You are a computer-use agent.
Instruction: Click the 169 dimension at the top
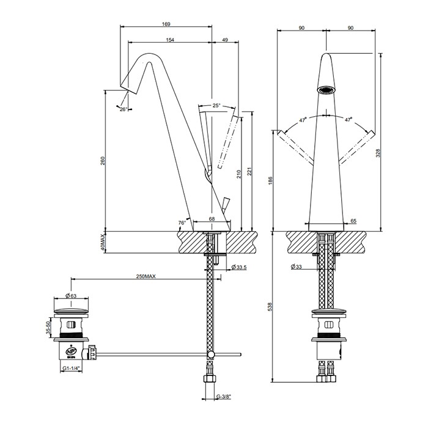[x=166, y=24]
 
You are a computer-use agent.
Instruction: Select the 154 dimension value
[x=169, y=40]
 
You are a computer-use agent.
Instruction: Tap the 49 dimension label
[x=225, y=40]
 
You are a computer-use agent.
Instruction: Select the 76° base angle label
[x=182, y=223]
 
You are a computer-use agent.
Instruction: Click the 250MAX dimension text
[x=146, y=277]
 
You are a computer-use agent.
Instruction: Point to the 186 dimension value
[x=271, y=180]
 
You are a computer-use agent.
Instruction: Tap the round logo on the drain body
[x=71, y=352]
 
